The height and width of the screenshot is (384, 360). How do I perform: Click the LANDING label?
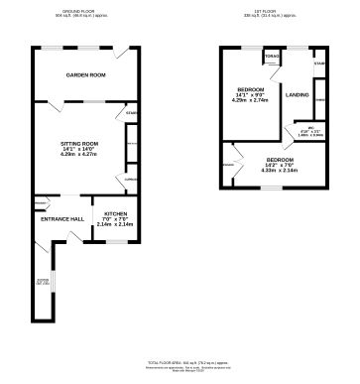click(297, 94)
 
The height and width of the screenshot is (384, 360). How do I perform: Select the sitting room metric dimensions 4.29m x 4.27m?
click(79, 155)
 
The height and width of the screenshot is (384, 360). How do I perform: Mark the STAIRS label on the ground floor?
click(130, 114)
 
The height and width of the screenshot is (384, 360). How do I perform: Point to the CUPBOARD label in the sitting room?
click(130, 180)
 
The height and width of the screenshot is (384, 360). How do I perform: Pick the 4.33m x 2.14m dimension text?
click(279, 172)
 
